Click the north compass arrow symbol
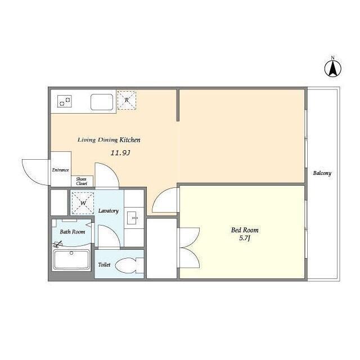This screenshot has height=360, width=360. pos(332,69)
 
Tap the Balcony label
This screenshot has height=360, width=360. pos(322,173)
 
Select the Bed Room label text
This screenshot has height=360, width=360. pos(245,230)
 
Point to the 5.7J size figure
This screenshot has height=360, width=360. pos(245,238)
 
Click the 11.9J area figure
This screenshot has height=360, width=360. pos(120,152)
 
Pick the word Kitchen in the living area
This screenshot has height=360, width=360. pos(130,140)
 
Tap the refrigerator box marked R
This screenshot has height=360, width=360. pos(127,100)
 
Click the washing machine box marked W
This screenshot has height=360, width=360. pos(83,203)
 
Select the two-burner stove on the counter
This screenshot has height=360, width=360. pos(65,101)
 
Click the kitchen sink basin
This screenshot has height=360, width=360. pos(102,102)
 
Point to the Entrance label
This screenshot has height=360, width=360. pos(60,170)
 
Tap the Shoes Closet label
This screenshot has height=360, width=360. pos(82,181)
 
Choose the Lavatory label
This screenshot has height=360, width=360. pos(109,211)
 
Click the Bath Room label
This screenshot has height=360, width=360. pos(73,232)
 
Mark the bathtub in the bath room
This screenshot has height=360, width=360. pos(71,260)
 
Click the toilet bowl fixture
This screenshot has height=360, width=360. pos(129,265)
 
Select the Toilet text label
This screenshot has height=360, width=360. pos(104,265)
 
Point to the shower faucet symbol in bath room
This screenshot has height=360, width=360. pos(57,244)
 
